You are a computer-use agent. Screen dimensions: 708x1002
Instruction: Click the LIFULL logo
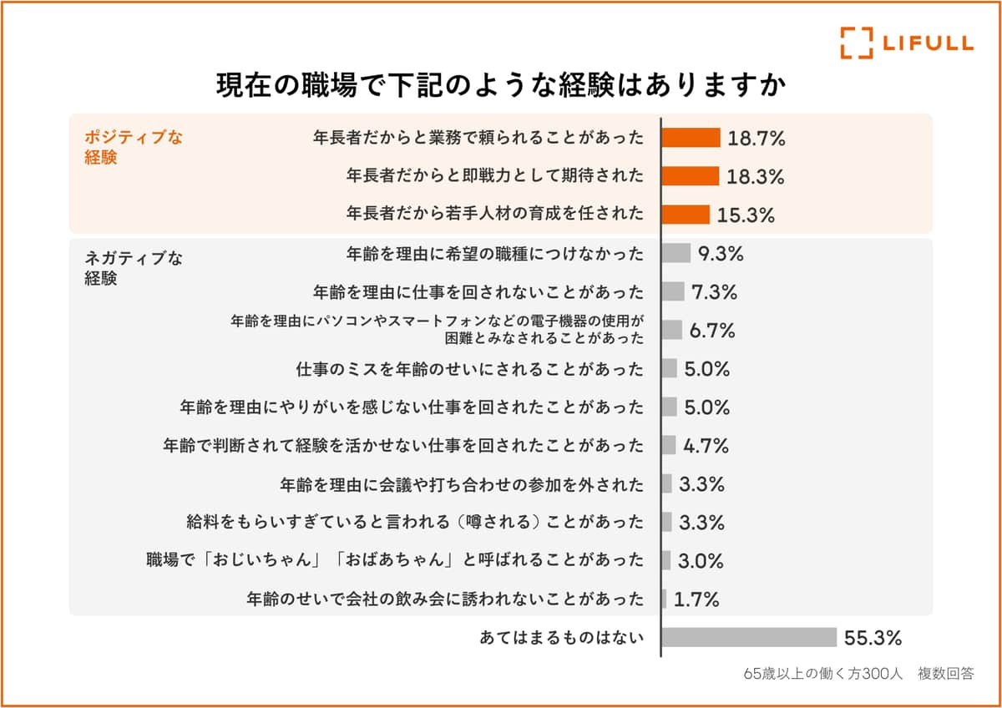(906, 43)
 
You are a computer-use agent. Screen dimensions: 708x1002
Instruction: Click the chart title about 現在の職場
(501, 86)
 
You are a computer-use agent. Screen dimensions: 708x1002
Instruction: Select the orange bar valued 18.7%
(691, 138)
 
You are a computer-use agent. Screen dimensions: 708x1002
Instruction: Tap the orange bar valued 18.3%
(690, 176)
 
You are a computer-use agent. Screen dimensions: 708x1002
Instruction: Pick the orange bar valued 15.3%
(686, 215)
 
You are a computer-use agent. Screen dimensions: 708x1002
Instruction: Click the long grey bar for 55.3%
(749, 638)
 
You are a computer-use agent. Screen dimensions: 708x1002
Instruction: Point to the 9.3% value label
(721, 254)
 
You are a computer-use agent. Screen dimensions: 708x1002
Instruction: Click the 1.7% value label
(696, 599)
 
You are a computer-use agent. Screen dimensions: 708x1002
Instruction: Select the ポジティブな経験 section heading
(134, 147)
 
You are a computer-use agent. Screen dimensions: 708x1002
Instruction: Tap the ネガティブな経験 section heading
(134, 269)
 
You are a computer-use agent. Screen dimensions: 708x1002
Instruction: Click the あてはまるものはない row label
(562, 638)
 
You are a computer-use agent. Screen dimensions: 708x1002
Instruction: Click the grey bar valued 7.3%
(673, 291)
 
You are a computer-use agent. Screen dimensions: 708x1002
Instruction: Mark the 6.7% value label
(712, 331)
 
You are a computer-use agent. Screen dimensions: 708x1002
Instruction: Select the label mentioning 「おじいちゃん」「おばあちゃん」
(395, 560)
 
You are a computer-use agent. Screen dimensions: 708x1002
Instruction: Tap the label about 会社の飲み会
(446, 599)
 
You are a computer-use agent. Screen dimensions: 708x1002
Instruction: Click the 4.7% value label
(706, 446)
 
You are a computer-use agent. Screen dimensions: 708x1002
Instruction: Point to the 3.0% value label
(701, 561)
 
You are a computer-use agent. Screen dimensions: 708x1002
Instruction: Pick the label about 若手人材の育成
(495, 214)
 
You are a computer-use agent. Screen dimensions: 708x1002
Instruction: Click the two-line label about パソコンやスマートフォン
(438, 330)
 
